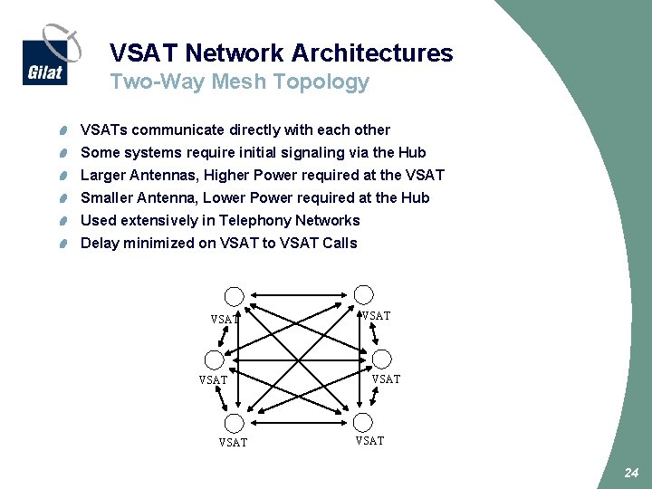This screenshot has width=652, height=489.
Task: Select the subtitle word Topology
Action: [328, 82]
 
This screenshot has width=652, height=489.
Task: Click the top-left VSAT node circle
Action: [235, 296]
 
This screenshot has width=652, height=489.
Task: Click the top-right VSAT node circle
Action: [363, 294]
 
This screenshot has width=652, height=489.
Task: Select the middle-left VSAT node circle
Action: [215, 360]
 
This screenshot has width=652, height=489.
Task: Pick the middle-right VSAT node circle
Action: [382, 359]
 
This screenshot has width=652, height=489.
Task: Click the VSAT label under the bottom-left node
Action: [233, 443]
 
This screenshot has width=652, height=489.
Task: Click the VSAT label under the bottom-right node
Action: [369, 441]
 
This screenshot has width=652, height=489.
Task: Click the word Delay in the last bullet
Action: [100, 243]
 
